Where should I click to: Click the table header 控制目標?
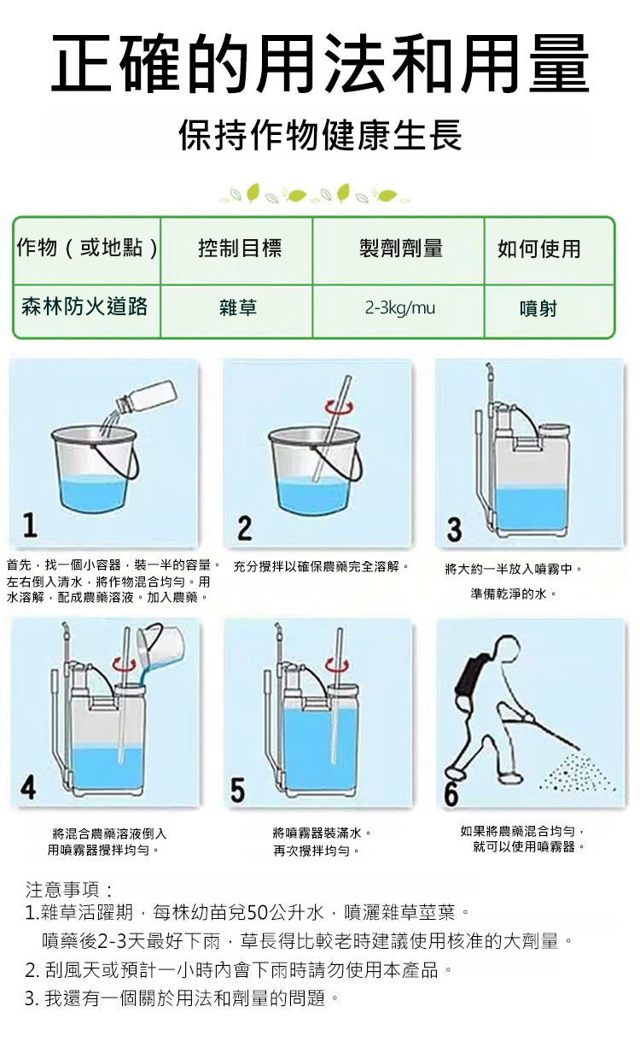coord(240,248)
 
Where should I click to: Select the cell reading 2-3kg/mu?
coord(400,308)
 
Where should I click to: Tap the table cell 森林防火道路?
coord(84,307)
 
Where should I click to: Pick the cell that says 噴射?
coord(538,308)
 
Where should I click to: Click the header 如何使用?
coord(539,249)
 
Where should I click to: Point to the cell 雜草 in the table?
coord(238,308)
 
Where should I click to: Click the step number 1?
coord(30,525)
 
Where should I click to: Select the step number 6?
coord(451,794)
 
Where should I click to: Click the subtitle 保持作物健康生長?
coord(321,135)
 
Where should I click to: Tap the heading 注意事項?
coord(68,889)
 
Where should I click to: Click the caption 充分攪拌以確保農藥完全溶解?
coord(322,566)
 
